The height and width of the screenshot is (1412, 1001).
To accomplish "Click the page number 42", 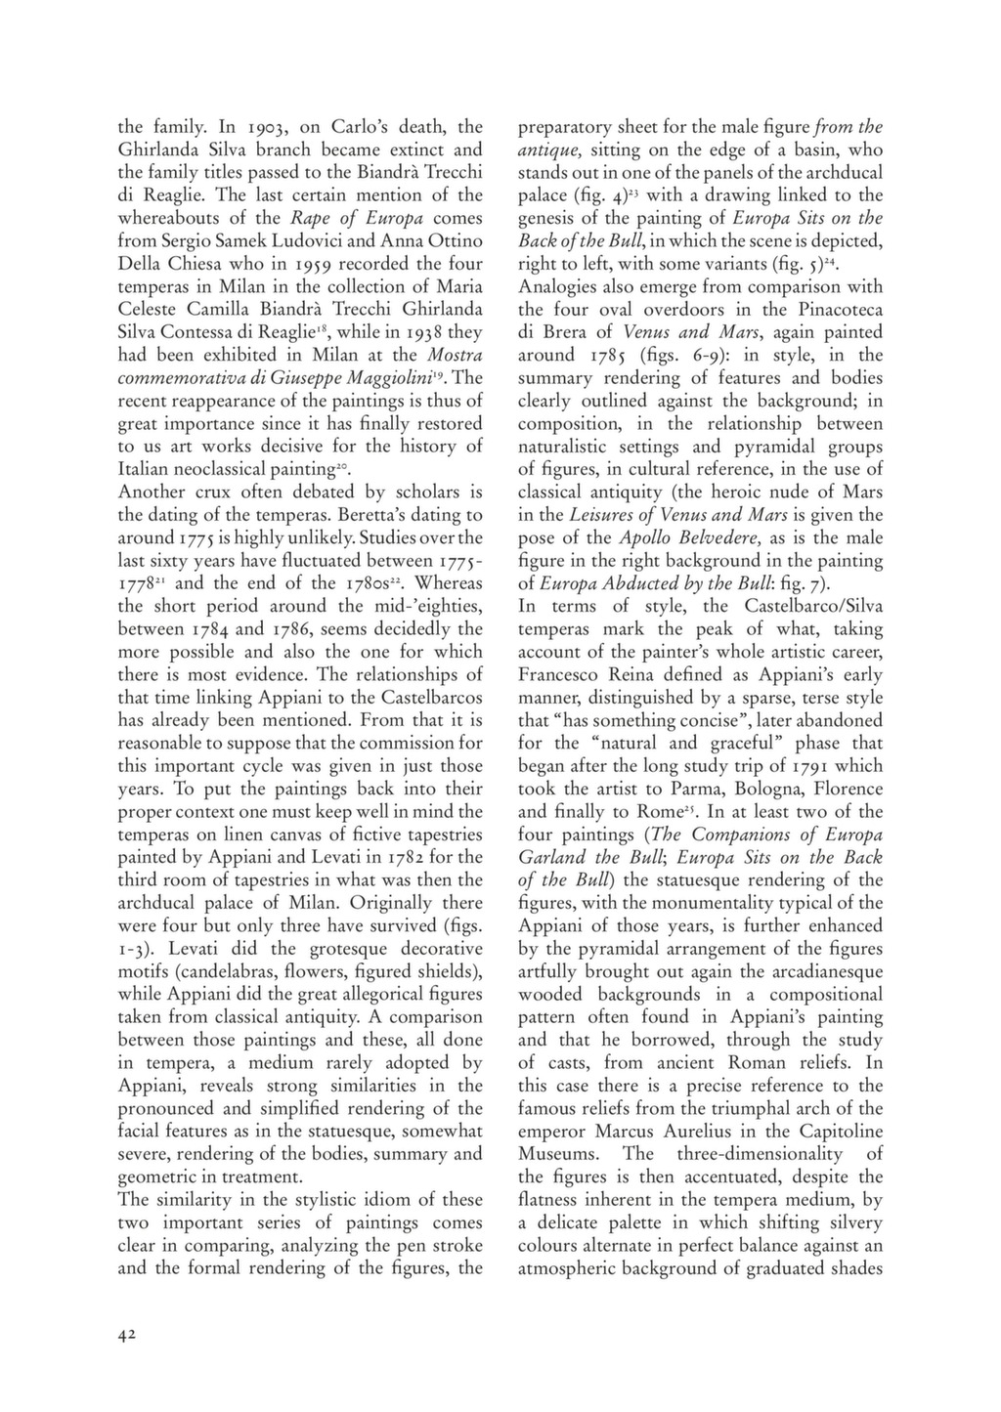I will [x=127, y=1336].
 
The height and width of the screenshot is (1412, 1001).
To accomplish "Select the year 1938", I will [x=423, y=332].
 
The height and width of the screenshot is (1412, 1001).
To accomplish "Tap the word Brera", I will [x=565, y=332].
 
